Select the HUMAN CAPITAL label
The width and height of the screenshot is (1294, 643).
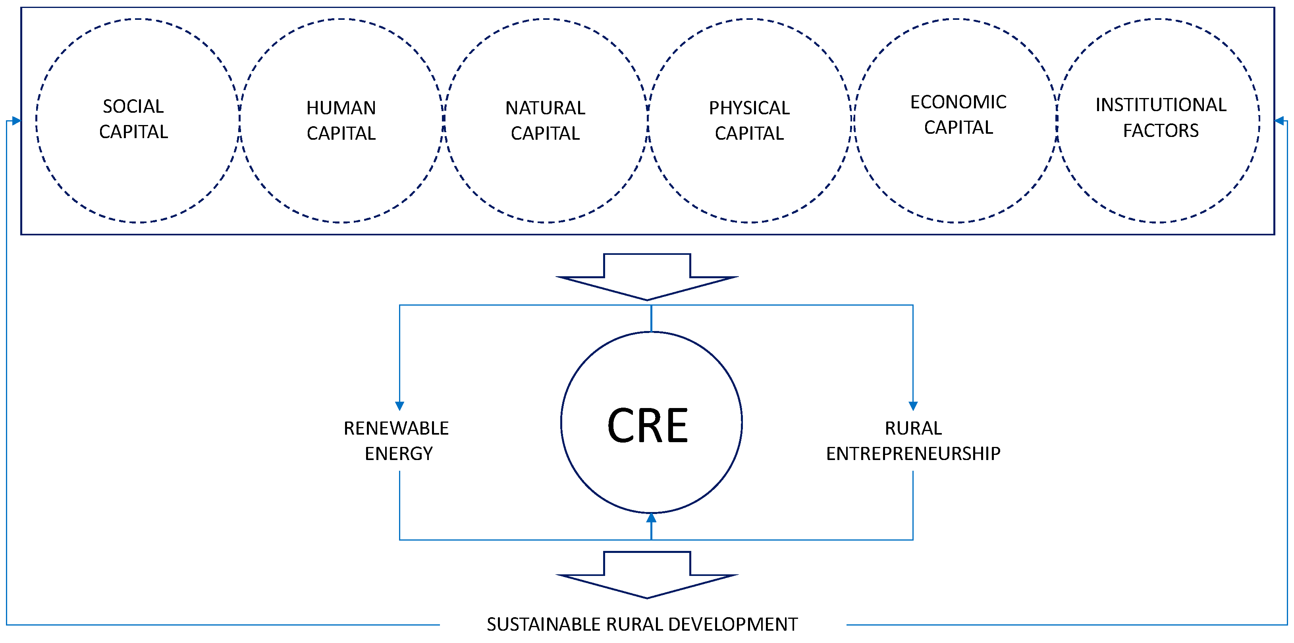pyautogui.click(x=341, y=121)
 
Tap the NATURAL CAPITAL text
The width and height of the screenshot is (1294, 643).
pyautogui.click(x=545, y=121)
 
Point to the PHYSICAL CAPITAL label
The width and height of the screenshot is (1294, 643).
pyautogui.click(x=749, y=121)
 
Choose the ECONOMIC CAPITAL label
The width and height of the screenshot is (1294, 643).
pyautogui.click(x=958, y=115)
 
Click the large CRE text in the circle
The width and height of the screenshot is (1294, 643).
pyautogui.click(x=648, y=425)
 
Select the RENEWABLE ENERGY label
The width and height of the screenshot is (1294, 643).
pyautogui.click(x=396, y=441)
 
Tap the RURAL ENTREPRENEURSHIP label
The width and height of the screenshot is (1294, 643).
pyautogui.click(x=913, y=441)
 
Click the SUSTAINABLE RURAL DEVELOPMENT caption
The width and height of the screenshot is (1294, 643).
pyautogui.click(x=642, y=624)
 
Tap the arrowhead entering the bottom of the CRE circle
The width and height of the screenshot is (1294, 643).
pyautogui.click(x=651, y=518)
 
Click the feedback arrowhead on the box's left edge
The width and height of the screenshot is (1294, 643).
pyautogui.click(x=16, y=121)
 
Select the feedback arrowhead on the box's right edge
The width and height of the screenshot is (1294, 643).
pyautogui.click(x=1279, y=121)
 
